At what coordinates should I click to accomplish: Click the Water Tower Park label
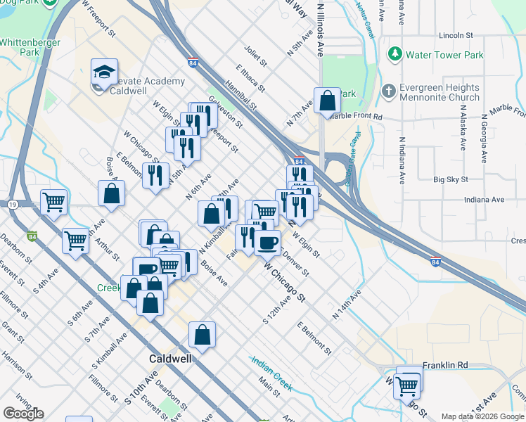[x=445, y=54]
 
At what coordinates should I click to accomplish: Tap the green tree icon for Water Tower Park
[x=395, y=53]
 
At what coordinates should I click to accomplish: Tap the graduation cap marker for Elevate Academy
[x=103, y=72]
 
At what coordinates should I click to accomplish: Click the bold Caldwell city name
[x=171, y=358]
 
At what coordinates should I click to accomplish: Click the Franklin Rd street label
[x=445, y=366]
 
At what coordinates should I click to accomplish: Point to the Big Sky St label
[x=451, y=180]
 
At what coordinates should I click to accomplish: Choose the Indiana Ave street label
[x=484, y=200]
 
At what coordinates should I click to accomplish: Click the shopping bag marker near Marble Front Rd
[x=328, y=101]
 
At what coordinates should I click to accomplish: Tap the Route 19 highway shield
[x=13, y=204]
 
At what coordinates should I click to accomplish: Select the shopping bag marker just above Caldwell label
[x=202, y=337]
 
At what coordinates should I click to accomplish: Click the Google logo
[x=23, y=414]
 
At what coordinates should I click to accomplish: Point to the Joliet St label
[x=255, y=56]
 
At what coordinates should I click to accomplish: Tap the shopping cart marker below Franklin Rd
[x=407, y=385]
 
